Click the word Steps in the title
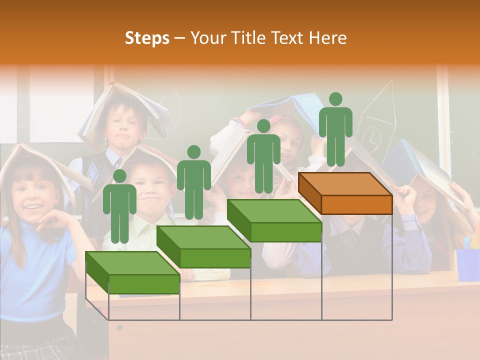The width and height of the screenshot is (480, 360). [x=147, y=38]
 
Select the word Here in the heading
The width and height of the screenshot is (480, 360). [x=327, y=38]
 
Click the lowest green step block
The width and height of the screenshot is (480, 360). [x=132, y=272]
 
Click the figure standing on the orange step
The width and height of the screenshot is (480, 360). [x=335, y=130]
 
